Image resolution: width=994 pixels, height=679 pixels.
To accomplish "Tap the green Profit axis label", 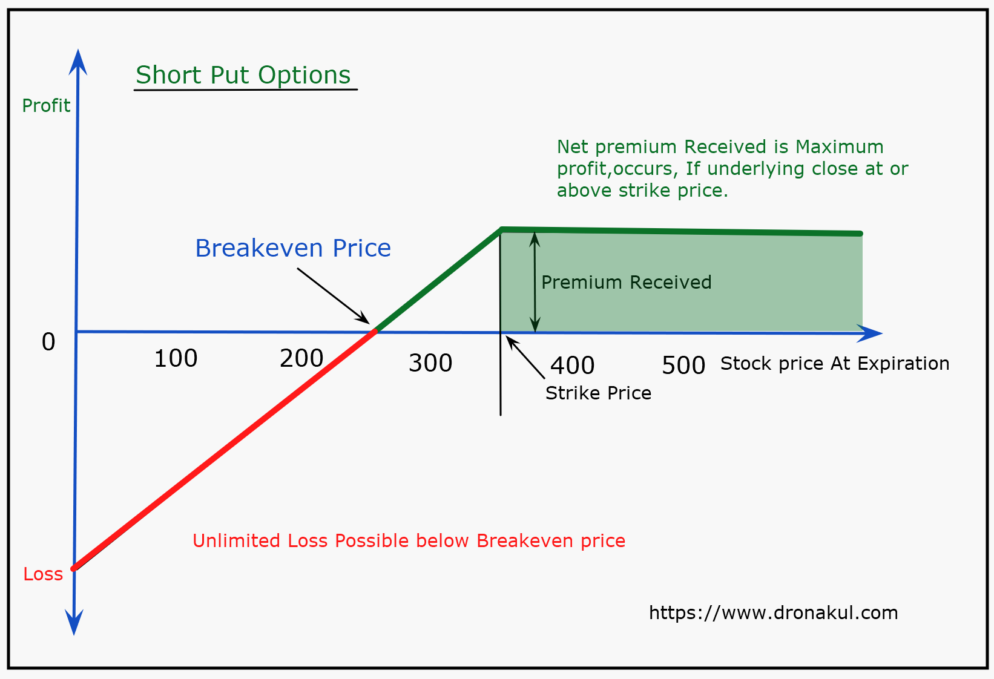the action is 46,105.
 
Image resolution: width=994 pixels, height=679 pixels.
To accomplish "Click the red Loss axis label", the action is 43,574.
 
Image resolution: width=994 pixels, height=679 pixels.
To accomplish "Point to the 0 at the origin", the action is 48,341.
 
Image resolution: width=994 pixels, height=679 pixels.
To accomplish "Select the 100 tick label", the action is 176,358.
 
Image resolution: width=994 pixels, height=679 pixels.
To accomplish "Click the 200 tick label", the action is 301,358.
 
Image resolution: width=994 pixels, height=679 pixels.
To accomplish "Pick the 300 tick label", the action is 430,362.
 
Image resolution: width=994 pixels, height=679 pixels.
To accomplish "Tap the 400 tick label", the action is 573,365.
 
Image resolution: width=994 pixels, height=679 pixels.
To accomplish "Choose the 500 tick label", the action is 683,366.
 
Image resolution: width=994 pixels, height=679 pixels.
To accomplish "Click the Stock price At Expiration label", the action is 835,363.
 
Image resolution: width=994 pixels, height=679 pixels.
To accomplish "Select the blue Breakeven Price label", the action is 293,248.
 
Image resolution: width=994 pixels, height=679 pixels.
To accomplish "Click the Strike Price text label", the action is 598,393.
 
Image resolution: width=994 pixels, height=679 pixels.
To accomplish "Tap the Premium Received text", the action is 626,282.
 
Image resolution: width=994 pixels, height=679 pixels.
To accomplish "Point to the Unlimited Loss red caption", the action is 409,540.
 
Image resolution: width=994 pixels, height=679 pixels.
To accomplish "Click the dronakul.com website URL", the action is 774,612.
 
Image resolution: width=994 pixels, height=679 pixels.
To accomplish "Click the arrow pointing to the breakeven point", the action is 334,296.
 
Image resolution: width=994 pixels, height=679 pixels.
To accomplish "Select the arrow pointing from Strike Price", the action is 525,357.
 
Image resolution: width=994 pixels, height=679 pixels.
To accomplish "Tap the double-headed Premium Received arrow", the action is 535,282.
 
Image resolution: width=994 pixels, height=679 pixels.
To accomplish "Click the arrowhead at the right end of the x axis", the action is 870,333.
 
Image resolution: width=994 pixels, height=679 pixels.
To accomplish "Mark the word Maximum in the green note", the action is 839,146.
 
